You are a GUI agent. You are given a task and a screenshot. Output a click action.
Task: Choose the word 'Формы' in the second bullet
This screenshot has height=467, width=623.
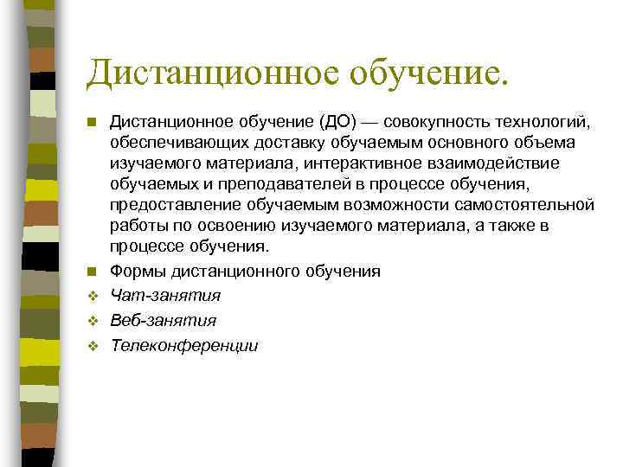click(x=134, y=272)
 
